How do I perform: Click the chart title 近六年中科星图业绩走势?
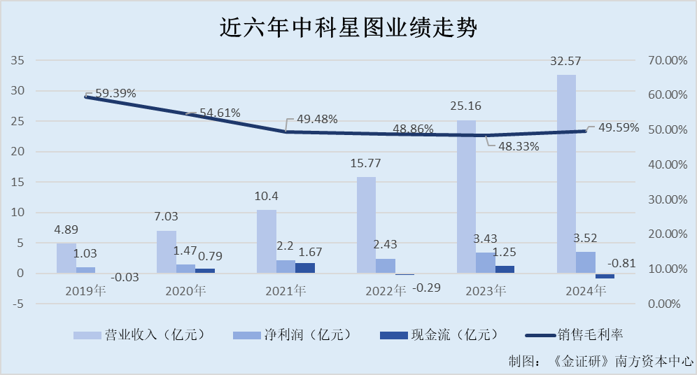[348, 29]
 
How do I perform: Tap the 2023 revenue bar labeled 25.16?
[466, 197]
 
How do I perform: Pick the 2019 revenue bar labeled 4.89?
[66, 258]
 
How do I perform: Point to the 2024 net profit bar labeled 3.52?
[586, 262]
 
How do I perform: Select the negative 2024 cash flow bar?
[605, 276]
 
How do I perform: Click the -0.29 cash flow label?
[428, 288]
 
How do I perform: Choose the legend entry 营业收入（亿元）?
[139, 335]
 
